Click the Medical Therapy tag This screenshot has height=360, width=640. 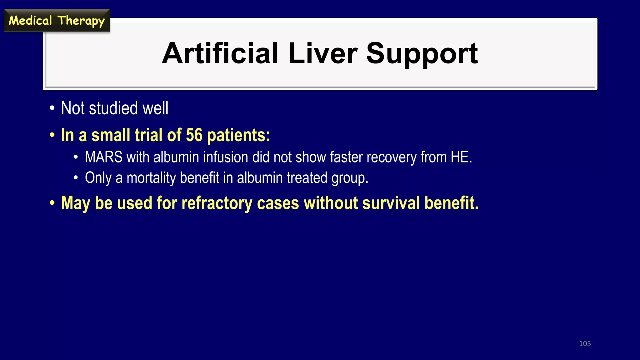[x=57, y=21]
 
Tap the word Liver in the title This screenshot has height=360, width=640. [x=322, y=53]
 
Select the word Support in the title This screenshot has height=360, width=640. [x=422, y=54]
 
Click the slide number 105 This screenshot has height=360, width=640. [x=585, y=343]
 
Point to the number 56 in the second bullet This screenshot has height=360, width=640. [x=194, y=135]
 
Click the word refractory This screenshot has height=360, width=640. [x=217, y=203]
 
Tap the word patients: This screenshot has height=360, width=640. [x=238, y=135]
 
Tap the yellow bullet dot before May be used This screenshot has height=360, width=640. [x=52, y=203]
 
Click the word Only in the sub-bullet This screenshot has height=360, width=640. [x=98, y=178]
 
